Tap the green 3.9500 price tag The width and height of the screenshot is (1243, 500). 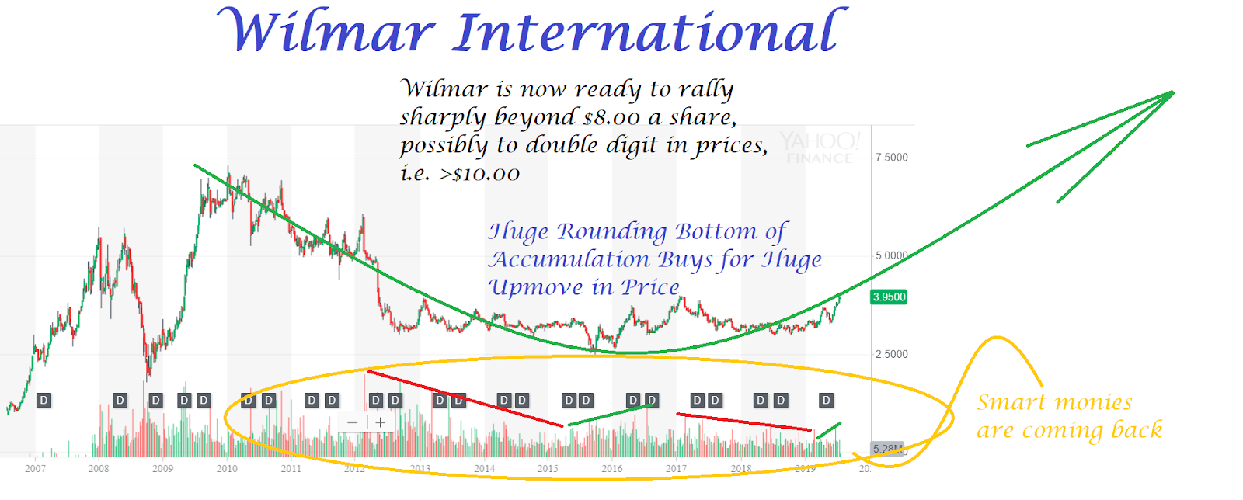point(889,297)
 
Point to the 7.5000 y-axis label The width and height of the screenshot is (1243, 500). point(891,158)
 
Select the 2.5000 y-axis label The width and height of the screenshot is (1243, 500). point(891,354)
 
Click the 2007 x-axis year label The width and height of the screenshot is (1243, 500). point(35,468)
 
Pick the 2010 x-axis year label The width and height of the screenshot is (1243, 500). point(227,468)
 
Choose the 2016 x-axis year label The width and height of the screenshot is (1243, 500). point(612,468)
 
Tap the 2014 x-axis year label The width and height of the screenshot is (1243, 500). point(484,468)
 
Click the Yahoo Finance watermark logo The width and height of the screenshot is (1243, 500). point(820,147)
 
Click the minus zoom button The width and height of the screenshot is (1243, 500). point(353,422)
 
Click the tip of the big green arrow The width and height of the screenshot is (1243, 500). point(1172,93)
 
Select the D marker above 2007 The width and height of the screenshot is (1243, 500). point(44,401)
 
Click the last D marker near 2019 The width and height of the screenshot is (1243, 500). point(826,401)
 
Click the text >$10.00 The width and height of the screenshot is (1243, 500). point(479,174)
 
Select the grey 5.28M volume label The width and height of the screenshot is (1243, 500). point(886,449)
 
